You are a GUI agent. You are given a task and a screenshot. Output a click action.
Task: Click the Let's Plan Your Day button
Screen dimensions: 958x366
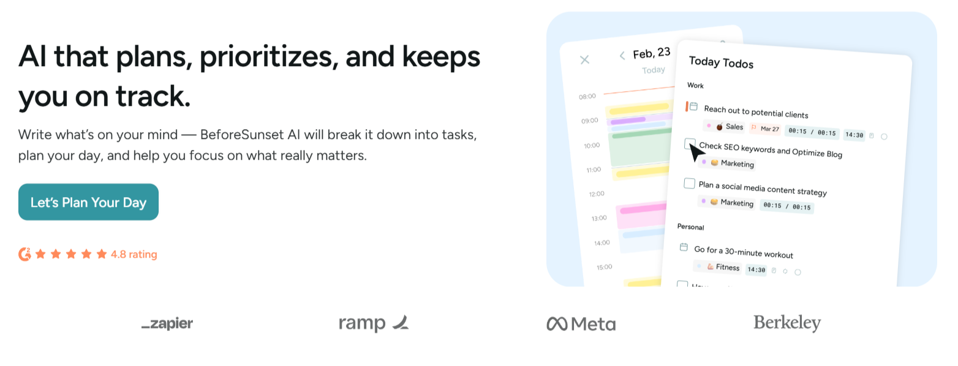pyautogui.click(x=89, y=202)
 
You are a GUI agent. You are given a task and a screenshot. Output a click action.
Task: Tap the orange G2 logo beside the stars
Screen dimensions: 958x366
pyautogui.click(x=25, y=254)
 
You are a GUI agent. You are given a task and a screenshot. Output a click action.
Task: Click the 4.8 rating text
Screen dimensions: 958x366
pyautogui.click(x=134, y=255)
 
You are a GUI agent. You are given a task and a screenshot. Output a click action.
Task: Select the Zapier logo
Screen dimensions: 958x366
pyautogui.click(x=167, y=323)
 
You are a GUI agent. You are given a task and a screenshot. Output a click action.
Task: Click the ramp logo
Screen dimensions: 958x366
pyautogui.click(x=374, y=323)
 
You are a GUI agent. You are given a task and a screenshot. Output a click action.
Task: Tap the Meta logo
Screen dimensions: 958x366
pyautogui.click(x=581, y=324)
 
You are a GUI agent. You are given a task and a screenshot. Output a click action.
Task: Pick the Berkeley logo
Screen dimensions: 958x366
pyautogui.click(x=787, y=323)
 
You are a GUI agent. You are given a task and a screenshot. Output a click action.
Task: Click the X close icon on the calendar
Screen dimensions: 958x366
pyautogui.click(x=584, y=59)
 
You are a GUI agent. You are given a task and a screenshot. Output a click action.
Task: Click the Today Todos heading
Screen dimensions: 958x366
pyautogui.click(x=721, y=62)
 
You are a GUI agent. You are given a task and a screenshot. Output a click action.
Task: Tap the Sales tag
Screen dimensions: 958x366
pyautogui.click(x=730, y=127)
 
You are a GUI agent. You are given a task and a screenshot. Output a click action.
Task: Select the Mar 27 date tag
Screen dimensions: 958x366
pyautogui.click(x=766, y=129)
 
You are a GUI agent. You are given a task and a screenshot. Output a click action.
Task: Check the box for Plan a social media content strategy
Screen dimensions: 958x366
pyautogui.click(x=690, y=184)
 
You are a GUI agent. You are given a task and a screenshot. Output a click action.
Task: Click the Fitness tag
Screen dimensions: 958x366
pyautogui.click(x=723, y=267)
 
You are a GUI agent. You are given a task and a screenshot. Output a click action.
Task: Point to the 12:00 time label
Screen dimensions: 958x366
pyautogui.click(x=597, y=193)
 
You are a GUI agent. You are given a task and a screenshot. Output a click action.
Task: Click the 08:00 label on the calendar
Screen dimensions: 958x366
pyautogui.click(x=587, y=97)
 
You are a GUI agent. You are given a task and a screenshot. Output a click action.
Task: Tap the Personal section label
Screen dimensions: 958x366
pyautogui.click(x=691, y=226)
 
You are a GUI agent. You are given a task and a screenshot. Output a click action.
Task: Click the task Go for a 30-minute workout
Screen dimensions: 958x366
pyautogui.click(x=744, y=252)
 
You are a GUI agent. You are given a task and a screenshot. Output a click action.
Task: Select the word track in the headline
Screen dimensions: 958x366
pyautogui.click(x=153, y=96)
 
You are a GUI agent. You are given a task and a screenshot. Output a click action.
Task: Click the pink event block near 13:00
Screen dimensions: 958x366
pyautogui.click(x=642, y=215)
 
